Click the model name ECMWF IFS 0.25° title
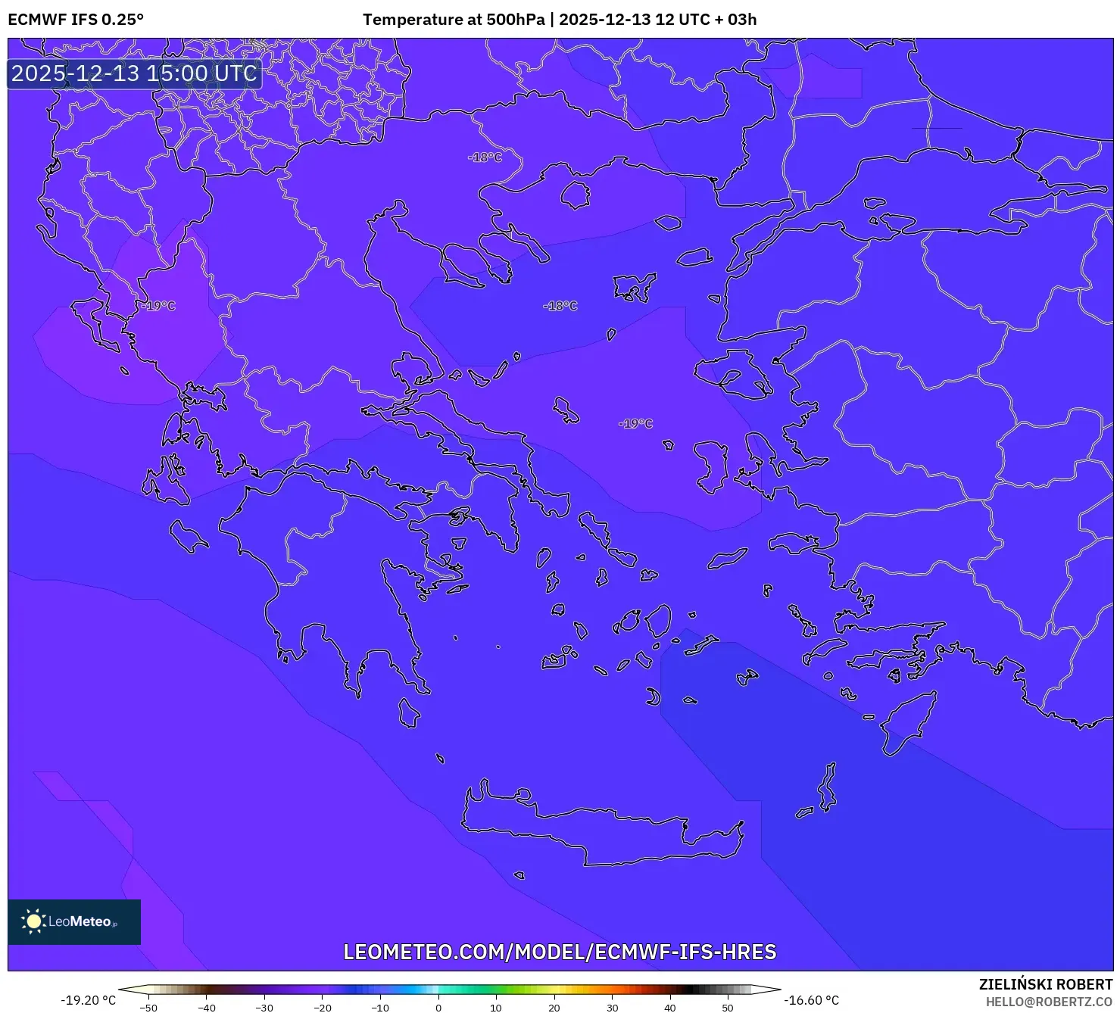(76, 20)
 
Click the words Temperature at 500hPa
(453, 20)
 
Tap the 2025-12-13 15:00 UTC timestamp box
(134, 73)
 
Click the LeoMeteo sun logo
(33, 921)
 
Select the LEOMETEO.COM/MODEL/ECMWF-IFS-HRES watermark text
(560, 952)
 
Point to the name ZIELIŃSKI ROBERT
(1045, 984)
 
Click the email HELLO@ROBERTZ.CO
(1049, 1002)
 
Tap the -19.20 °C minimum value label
(89, 1000)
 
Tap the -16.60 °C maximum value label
(811, 1000)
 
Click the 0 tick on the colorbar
(438, 1007)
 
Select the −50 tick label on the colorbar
(148, 1007)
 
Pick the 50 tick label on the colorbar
(727, 1007)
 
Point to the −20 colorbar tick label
(322, 1007)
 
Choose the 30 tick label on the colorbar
(612, 1007)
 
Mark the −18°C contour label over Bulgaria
(485, 157)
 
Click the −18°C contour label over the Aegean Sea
(560, 306)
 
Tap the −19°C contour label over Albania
(158, 306)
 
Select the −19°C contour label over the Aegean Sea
(635, 423)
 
